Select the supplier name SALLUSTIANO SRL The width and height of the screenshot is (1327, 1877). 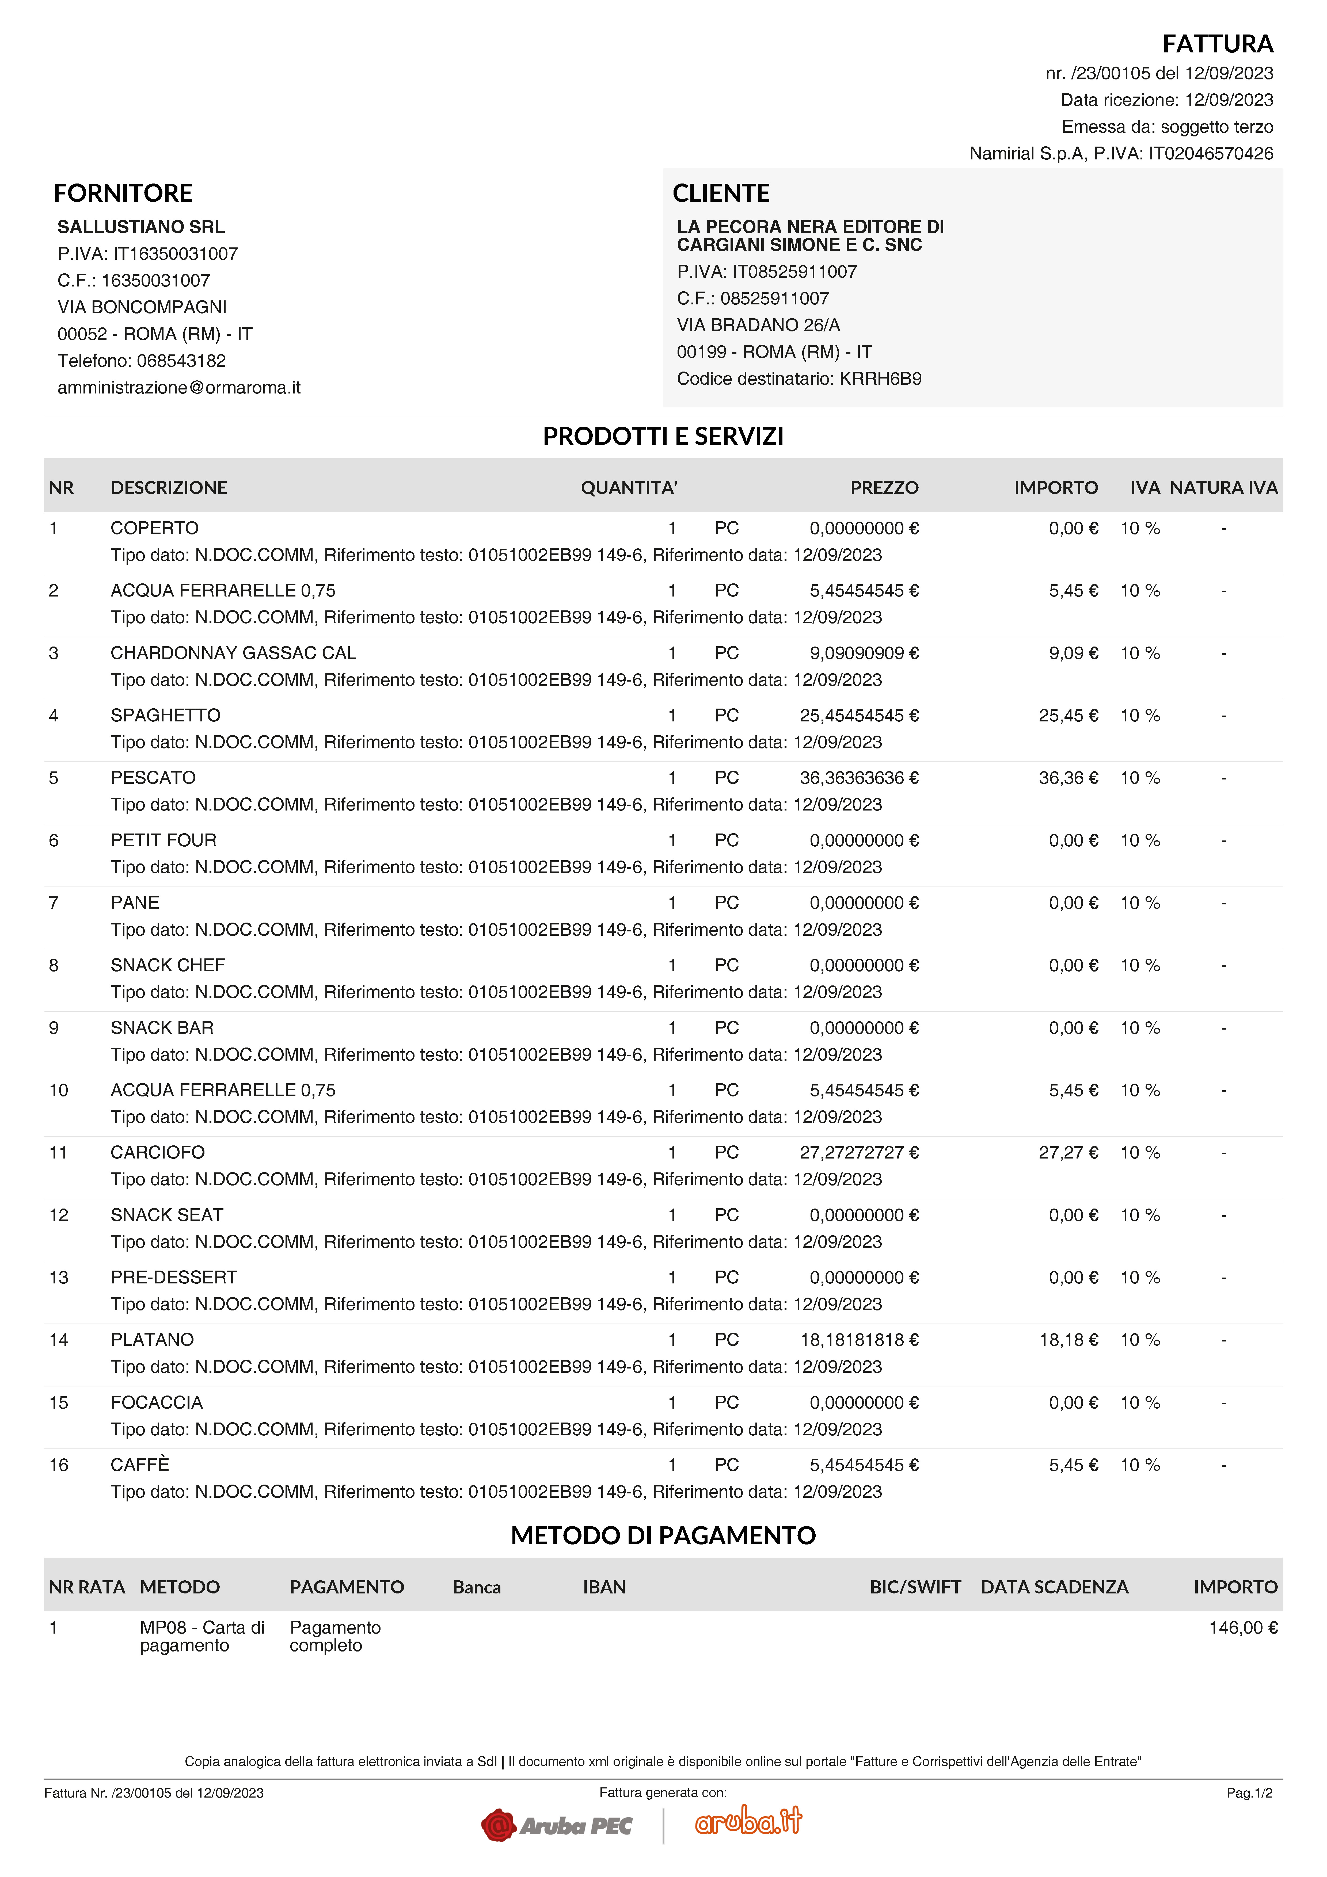[x=141, y=227]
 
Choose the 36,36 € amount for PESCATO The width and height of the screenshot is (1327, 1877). [x=1068, y=778]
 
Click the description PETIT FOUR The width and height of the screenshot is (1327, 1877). [x=164, y=840]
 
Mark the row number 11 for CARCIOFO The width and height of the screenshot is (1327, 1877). [x=58, y=1153]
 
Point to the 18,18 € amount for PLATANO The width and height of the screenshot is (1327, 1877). [x=1068, y=1340]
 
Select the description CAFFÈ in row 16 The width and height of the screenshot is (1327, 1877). [x=140, y=1465]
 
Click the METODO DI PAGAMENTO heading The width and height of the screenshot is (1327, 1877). [x=663, y=1535]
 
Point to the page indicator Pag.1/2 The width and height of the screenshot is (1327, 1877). [x=1249, y=1793]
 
